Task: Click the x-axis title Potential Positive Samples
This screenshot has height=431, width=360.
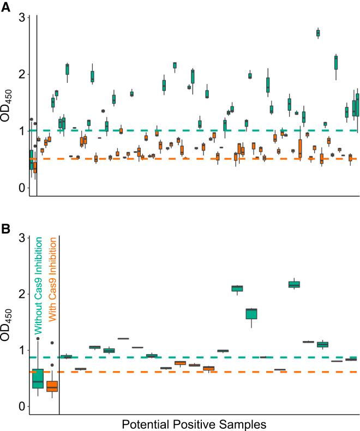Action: tap(193, 423)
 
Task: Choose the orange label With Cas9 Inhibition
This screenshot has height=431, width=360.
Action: tap(53, 286)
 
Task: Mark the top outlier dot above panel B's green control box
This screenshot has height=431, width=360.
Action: tap(38, 339)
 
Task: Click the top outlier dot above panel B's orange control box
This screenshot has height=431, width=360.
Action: tap(52, 343)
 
